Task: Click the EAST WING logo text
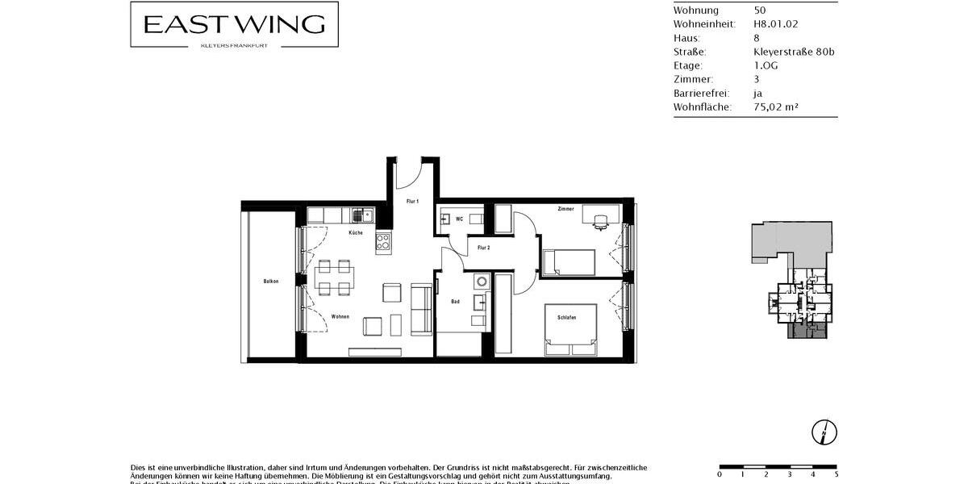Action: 234,24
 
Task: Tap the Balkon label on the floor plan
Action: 271,282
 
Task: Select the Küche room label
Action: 356,233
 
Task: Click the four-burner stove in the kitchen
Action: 382,240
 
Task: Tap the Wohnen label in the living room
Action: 340,316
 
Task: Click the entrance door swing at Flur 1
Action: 410,171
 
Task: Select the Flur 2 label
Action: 484,248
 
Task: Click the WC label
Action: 459,219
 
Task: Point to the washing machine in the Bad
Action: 481,282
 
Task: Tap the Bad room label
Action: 455,302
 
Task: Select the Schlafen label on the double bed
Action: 566,318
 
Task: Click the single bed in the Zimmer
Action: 569,263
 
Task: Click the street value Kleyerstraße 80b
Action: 788,52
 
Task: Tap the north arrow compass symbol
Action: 825,432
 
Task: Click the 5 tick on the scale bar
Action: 836,474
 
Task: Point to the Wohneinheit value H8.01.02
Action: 775,24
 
